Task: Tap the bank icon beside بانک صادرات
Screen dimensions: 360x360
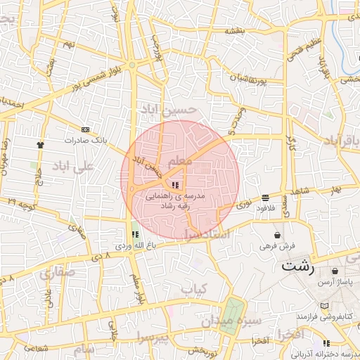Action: coord(86,129)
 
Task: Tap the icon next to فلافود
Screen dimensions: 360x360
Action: coord(264,198)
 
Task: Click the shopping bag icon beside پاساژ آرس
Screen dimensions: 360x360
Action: coord(334,270)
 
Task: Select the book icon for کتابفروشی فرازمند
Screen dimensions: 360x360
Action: coord(324,306)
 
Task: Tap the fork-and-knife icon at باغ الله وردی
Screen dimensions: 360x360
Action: coord(134,234)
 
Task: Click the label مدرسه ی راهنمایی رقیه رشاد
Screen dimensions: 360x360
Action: coord(175,200)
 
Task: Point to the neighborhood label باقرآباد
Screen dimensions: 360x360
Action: coord(342,141)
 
